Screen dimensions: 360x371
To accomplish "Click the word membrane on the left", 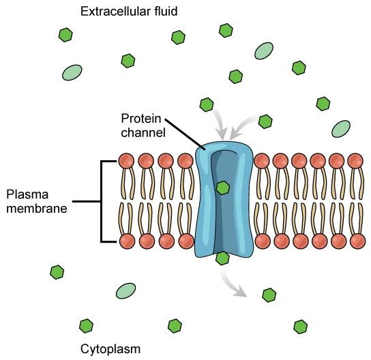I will tap(35, 209).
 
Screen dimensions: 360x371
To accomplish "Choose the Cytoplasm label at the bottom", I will tap(110, 349).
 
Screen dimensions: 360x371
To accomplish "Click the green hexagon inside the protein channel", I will tap(222, 187).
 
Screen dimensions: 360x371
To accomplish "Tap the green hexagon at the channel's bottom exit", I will tap(222, 258).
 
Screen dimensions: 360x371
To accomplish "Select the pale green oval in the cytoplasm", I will tap(126, 291).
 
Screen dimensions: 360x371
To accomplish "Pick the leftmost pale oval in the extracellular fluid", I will tap(72, 73).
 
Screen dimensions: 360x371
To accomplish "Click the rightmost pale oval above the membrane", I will tap(340, 128).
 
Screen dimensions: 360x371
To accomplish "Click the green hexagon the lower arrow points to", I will tap(269, 295).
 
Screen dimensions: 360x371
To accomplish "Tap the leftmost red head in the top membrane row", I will tap(127, 161).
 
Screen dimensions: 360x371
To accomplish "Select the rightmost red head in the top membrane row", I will tap(355, 161).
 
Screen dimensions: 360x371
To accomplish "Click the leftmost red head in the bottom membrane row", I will tap(127, 241).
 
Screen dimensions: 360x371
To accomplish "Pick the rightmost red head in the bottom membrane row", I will tap(355, 241).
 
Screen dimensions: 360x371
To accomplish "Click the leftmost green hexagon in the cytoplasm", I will tap(57, 272).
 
